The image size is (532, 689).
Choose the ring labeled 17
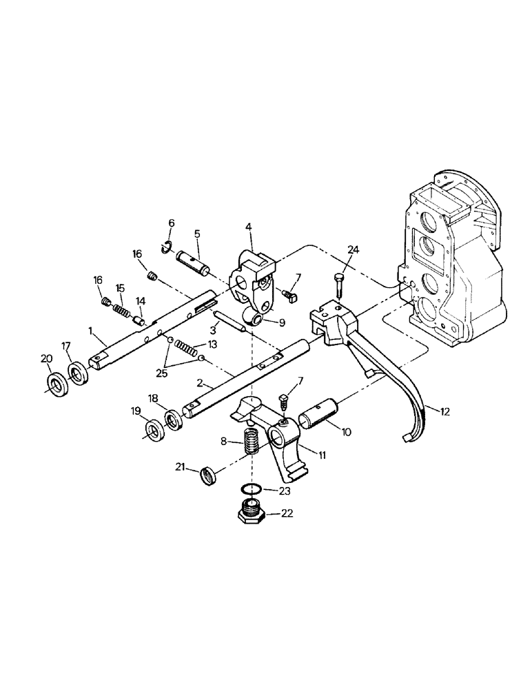pyautogui.click(x=78, y=373)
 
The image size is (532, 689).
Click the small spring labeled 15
pyautogui.click(x=121, y=309)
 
